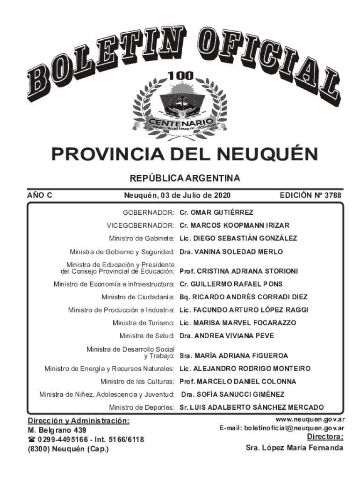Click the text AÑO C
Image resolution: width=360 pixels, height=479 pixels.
[x=40, y=195]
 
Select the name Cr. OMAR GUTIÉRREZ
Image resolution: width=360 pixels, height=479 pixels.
[x=216, y=212]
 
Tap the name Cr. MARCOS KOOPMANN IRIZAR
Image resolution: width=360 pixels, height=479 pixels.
[x=234, y=225]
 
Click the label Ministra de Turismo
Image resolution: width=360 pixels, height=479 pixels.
[x=144, y=323]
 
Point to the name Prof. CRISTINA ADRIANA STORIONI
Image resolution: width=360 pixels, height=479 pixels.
[x=239, y=271]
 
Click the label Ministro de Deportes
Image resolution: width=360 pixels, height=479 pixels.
[x=142, y=407]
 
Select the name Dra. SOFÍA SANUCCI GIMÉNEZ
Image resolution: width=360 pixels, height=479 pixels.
[x=232, y=394]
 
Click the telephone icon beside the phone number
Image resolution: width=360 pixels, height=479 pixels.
[x=32, y=439]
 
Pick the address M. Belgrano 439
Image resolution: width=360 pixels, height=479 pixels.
[x=57, y=430]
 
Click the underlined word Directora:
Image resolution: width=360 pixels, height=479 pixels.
[x=325, y=437]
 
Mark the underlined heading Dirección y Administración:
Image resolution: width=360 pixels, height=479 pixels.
[x=78, y=421]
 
